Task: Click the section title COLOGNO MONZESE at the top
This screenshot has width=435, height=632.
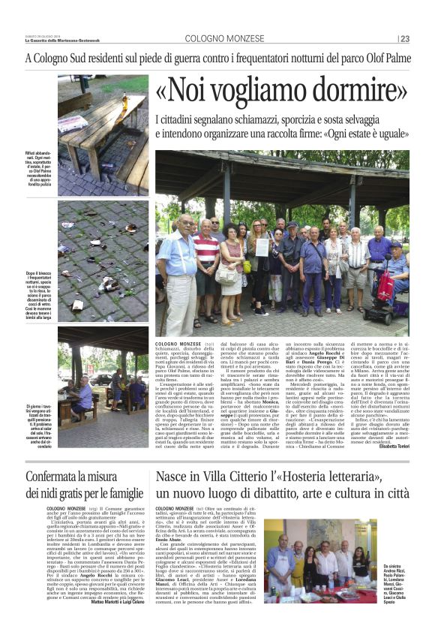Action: [x=217, y=38]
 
